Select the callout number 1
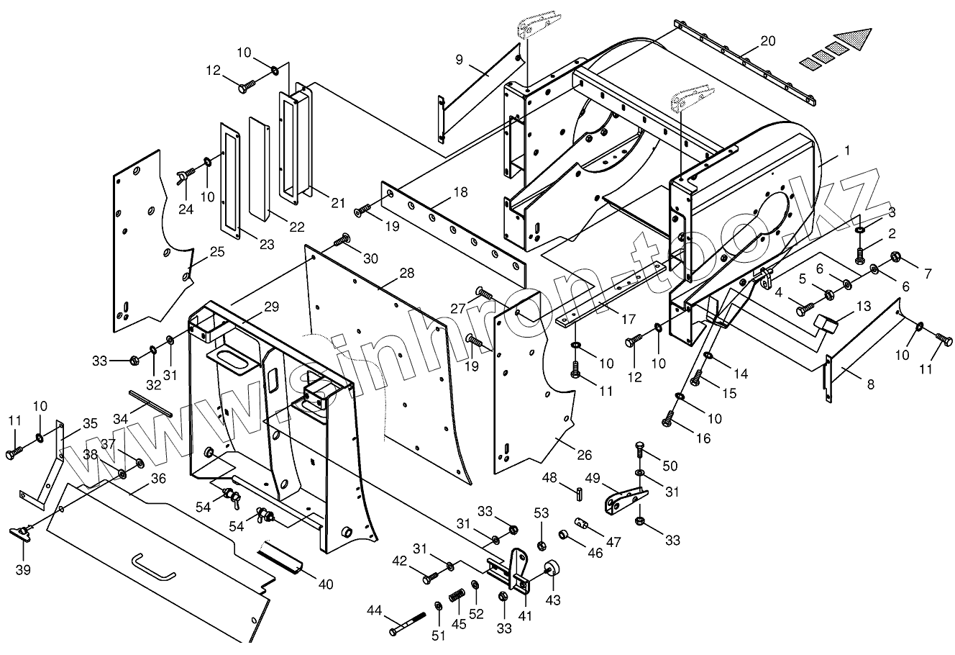(846, 151)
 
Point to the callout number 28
(407, 274)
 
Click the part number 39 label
(23, 570)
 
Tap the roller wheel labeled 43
(552, 569)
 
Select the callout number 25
(217, 252)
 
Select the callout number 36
(158, 478)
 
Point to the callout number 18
(460, 192)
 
